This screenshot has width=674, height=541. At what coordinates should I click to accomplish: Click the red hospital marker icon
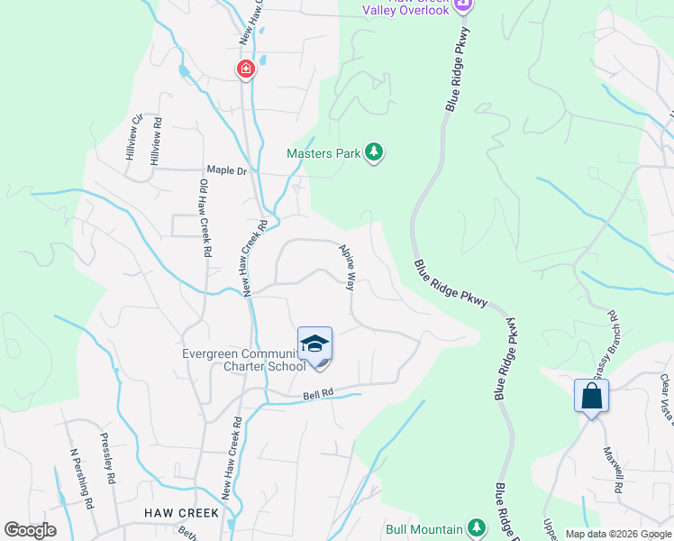pyautogui.click(x=244, y=69)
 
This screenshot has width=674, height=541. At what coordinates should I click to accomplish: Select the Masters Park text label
pyautogui.click(x=323, y=153)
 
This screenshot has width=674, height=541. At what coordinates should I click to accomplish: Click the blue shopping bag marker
pyautogui.click(x=591, y=396)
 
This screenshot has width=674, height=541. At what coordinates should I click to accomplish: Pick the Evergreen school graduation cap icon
pyautogui.click(x=314, y=344)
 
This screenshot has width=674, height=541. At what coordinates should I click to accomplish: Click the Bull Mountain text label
pyautogui.click(x=424, y=529)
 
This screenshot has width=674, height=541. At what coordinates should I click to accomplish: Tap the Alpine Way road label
pyautogui.click(x=346, y=266)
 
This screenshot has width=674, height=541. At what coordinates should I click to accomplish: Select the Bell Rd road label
pyautogui.click(x=318, y=394)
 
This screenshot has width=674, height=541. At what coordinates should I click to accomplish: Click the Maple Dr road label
pyautogui.click(x=226, y=169)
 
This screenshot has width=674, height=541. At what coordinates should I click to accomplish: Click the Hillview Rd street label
pyautogui.click(x=157, y=141)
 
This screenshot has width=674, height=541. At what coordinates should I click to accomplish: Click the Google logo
pyautogui.click(x=30, y=530)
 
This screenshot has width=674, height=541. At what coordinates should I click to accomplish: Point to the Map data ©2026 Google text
pyautogui.click(x=617, y=534)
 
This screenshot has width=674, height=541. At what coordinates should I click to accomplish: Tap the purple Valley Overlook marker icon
pyautogui.click(x=463, y=5)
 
